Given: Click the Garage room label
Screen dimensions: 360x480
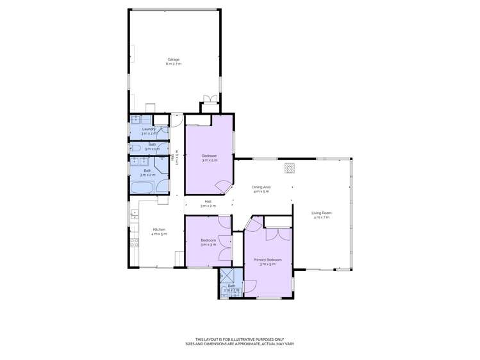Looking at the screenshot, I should point(173,60).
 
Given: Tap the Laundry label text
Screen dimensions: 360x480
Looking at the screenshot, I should point(149,129).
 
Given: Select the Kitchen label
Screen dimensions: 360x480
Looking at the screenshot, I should point(159,229).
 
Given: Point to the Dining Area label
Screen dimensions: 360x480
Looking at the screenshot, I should point(262,187).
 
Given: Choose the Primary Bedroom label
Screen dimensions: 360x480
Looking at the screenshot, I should point(268,259).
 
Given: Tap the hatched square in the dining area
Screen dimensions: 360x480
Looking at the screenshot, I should point(290,168).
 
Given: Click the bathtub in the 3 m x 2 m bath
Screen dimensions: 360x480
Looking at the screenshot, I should point(142,187).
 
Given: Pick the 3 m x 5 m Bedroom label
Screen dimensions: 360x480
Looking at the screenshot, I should point(210,156).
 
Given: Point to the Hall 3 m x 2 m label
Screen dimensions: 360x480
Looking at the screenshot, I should point(208,202).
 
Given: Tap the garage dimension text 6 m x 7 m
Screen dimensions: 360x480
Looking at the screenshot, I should point(173,64).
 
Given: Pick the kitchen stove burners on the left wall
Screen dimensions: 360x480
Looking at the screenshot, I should point(135,243).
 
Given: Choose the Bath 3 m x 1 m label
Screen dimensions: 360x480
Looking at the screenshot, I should point(153,147).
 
